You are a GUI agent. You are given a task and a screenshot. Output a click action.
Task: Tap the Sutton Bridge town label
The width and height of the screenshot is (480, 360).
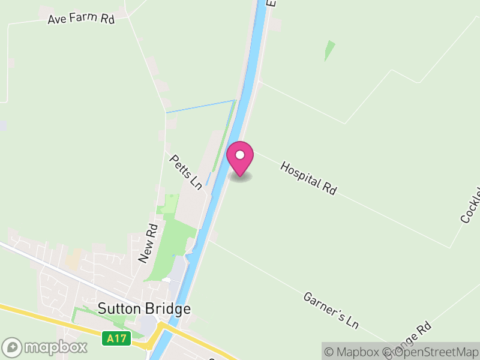(144, 309)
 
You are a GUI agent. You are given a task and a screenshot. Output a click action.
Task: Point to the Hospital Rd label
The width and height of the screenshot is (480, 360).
(308, 178)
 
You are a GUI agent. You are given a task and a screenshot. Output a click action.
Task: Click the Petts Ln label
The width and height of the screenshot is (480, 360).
(185, 173)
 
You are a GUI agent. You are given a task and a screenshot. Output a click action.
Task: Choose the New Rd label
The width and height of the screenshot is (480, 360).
(148, 243)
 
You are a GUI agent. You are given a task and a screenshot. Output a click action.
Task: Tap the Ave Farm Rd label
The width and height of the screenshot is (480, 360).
(81, 19)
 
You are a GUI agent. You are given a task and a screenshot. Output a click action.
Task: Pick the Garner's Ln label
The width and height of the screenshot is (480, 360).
(331, 310)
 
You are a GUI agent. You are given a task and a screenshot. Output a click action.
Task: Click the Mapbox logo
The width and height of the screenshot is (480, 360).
(45, 347)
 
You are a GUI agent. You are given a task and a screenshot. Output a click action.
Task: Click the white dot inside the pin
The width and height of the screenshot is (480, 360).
(240, 155)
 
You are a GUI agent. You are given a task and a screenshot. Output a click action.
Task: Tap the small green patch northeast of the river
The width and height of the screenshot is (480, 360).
(329, 50)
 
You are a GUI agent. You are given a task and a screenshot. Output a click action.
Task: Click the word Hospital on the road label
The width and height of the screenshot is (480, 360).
(300, 173)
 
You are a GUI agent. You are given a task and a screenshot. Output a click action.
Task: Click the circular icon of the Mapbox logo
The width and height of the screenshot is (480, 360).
(13, 347)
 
